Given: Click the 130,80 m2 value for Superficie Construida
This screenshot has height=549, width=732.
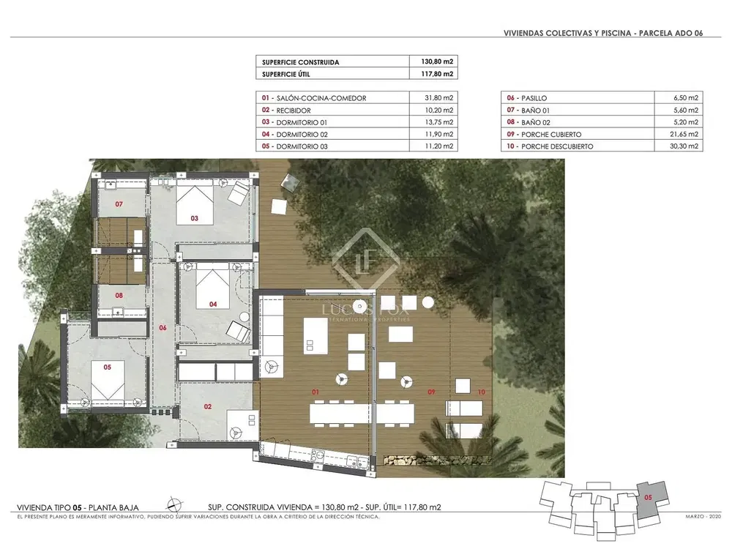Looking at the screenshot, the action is tap(437, 61).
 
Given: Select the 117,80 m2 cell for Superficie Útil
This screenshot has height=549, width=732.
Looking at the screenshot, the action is tap(437, 74).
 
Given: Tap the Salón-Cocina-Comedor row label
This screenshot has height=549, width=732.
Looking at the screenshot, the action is tap(321, 98).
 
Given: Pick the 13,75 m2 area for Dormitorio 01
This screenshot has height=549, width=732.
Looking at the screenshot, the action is tap(438, 122).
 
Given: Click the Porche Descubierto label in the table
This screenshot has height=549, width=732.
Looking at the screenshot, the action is tap(557, 146).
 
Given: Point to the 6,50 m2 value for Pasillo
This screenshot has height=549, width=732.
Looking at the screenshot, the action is tap(686, 98).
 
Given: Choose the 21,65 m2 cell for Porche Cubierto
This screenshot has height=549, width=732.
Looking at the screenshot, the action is tap(684, 134).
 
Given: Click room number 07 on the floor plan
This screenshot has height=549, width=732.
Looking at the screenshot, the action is tap(119, 204).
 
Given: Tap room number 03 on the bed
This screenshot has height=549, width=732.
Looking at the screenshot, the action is tap(194, 218).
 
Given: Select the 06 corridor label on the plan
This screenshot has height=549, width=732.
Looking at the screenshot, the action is tap(163, 328).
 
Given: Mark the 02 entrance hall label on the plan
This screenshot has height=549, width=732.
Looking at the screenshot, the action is tap(208, 406).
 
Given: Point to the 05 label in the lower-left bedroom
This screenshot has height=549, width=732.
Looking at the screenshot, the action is tap(108, 367).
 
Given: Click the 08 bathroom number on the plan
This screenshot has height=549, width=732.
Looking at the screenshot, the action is tap(119, 296).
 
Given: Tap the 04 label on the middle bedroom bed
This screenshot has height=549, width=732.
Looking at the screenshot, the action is tap(213, 305).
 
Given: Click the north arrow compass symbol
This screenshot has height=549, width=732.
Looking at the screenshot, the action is tap(173, 505).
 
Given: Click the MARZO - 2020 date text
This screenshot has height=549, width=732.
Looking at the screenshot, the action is tap(703, 517).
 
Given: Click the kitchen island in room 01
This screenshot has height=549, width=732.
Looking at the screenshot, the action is tap(315, 336).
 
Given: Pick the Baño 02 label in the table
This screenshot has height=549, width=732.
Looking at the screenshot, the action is tap(536, 122).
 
